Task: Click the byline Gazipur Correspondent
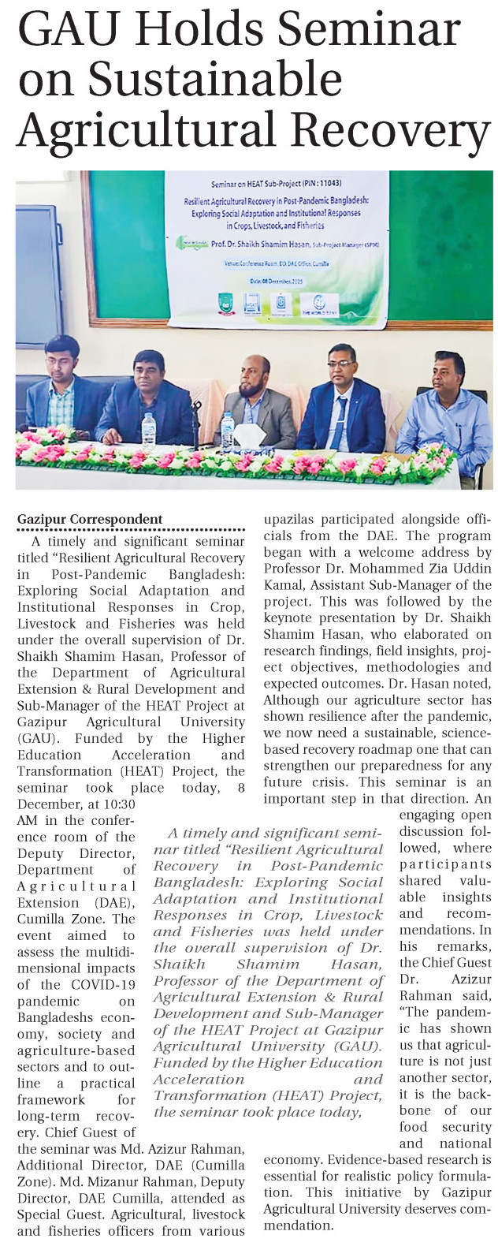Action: pyautogui.click(x=90, y=519)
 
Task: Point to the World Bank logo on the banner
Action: pyautogui.click(x=325, y=303)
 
